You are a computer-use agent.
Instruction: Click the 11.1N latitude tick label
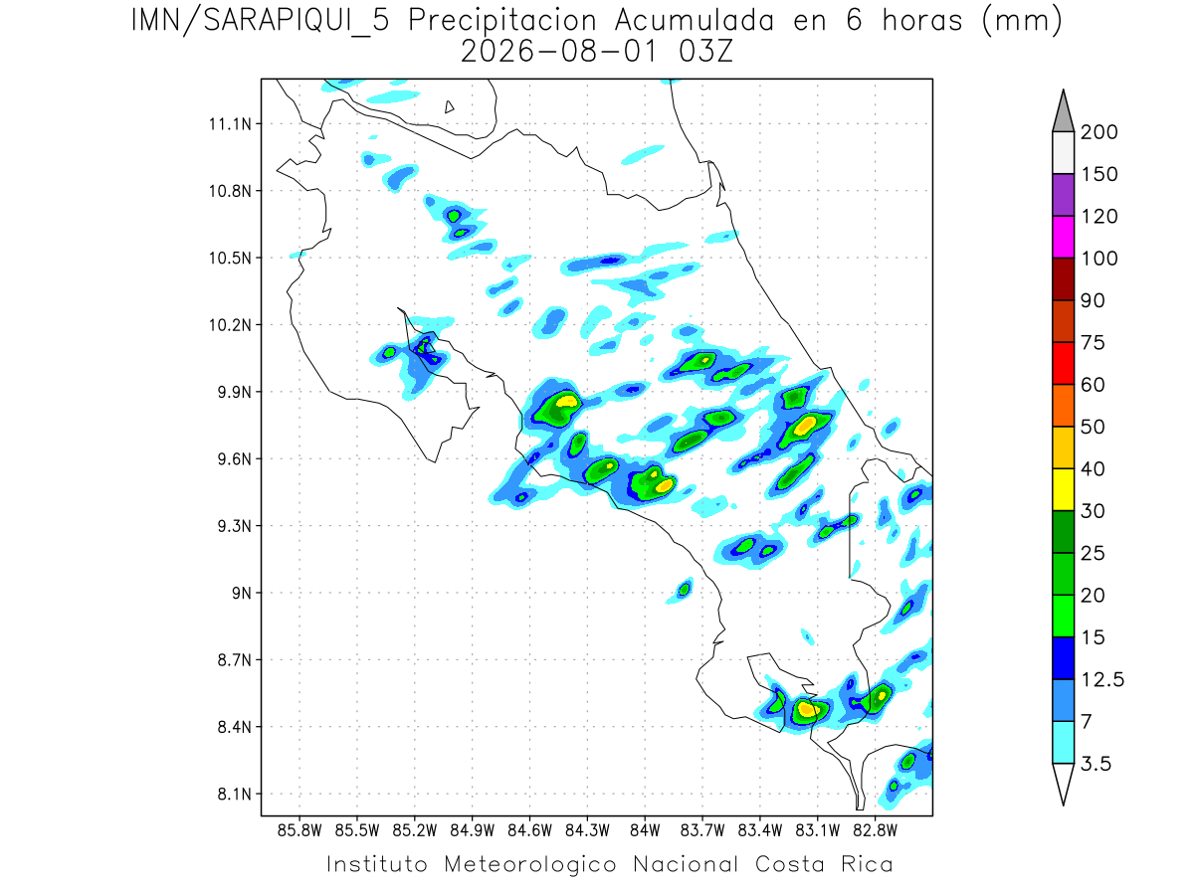[230, 124]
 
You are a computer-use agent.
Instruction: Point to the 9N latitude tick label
[242, 593]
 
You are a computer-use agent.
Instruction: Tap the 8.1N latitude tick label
[235, 794]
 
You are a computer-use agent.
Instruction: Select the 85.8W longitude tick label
[299, 831]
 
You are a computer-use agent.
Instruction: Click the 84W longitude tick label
[645, 831]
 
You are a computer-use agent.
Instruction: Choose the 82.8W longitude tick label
[875, 831]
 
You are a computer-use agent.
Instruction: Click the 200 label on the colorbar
[1098, 132]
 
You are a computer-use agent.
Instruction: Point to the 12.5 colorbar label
[1102, 680]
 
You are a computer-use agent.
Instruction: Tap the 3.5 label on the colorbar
[1095, 764]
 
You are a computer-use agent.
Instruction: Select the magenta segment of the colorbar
[1063, 237]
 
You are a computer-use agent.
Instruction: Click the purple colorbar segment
[1063, 195]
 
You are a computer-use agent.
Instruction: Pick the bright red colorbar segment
[1063, 364]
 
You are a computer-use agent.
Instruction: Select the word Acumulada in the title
[695, 21]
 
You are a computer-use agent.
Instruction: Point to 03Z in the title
[705, 52]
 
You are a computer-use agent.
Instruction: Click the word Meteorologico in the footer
[529, 864]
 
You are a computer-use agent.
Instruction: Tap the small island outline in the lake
[449, 107]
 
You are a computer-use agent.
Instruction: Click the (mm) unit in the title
[1022, 22]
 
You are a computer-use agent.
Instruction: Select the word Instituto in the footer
[377, 864]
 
